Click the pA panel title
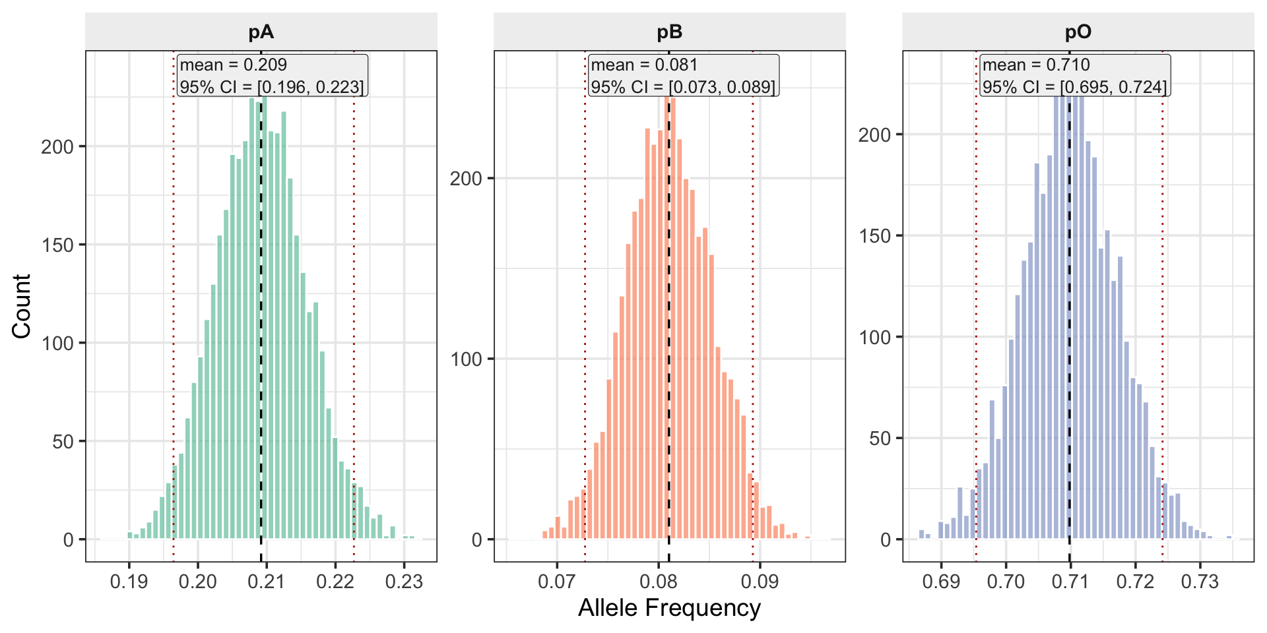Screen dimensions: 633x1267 pos(261,32)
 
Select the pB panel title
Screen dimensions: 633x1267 pos(669,32)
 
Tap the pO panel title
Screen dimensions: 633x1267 pos(1078,32)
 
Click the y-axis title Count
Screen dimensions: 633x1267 pos(22,307)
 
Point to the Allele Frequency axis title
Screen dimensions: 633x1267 pos(669,608)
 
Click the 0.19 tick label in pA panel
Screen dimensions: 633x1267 pos(129,582)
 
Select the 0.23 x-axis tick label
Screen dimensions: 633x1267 pos(404,582)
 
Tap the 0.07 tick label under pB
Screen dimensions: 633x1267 pos(557,582)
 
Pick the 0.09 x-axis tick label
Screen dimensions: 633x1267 pos(760,582)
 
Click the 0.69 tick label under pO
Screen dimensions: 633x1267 pos(941,582)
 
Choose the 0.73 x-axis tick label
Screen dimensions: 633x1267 pos(1200,582)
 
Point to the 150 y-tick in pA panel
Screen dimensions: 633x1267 pos(58,245)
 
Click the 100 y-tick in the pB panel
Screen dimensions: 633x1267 pos(467,359)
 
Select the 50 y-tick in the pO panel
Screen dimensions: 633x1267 pos(880,438)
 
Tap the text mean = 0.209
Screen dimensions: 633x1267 pos(234,65)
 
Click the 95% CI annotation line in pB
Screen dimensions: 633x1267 pos(683,87)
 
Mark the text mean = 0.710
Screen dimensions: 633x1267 pos(1036,65)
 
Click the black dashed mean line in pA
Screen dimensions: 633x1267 pos(261,330)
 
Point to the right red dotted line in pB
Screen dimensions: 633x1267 pos(753,297)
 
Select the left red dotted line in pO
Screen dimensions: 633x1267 pos(976,297)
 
